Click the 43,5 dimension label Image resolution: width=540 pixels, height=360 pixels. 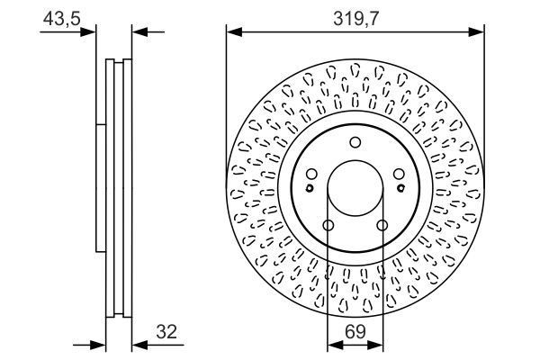(x=61, y=18)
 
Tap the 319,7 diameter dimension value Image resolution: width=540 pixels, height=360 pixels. (x=355, y=19)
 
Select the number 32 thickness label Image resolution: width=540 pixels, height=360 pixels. (x=166, y=332)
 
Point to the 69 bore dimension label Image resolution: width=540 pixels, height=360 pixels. (x=355, y=332)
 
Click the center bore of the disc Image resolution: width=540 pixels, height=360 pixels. (x=355, y=188)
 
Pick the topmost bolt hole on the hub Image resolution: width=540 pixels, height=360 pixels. (x=355, y=142)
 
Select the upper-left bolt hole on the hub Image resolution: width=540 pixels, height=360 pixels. (x=311, y=174)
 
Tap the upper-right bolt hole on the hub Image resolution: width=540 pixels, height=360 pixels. (x=399, y=174)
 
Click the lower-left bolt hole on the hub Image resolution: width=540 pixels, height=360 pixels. (x=328, y=225)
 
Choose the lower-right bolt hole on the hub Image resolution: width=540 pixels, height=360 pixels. (x=382, y=225)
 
